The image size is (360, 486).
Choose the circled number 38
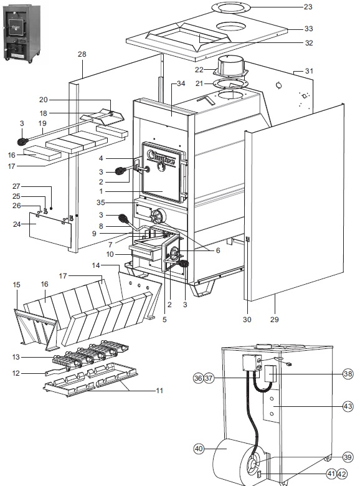click(348, 374)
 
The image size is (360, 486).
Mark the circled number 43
click(348, 406)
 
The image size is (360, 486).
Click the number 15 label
click(17, 285)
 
